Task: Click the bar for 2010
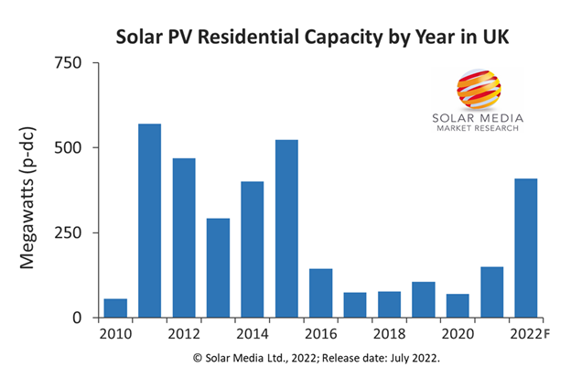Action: pyautogui.click(x=115, y=308)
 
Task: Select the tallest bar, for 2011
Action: pyautogui.click(x=149, y=221)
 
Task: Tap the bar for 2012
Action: pyautogui.click(x=184, y=238)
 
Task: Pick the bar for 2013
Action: pyautogui.click(x=218, y=268)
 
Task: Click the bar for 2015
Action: pyautogui.click(x=286, y=229)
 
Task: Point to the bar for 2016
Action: pyautogui.click(x=320, y=293)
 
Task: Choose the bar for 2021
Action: pyautogui.click(x=492, y=292)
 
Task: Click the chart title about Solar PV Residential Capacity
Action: pyautogui.click(x=285, y=38)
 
